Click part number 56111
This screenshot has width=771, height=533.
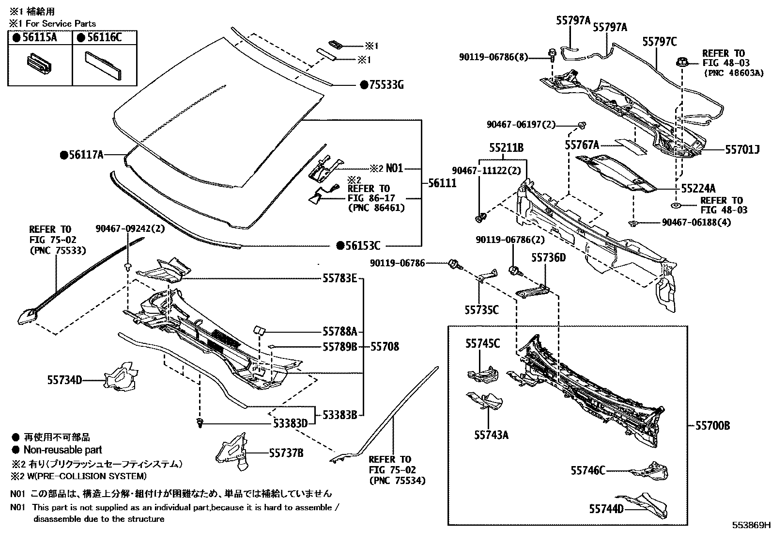442,184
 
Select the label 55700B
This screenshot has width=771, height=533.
712,426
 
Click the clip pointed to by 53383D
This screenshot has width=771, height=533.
200,423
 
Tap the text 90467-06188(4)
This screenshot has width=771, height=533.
696,223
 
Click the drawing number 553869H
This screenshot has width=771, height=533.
750,525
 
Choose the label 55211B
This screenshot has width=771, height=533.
506,148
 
